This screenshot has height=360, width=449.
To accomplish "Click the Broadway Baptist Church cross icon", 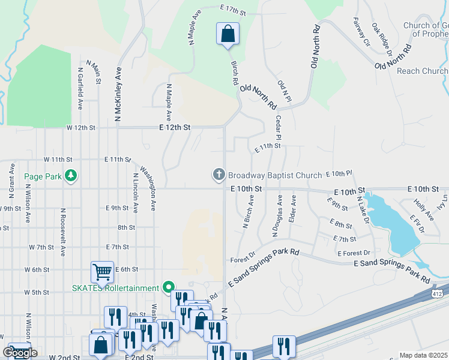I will [218, 175].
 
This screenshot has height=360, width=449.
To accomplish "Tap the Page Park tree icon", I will [71, 176].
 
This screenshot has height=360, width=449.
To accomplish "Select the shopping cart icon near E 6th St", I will [102, 272].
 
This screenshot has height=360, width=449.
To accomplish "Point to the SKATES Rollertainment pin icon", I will [169, 287].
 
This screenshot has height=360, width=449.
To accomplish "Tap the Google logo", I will [20, 352].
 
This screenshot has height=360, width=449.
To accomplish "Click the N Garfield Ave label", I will [80, 87].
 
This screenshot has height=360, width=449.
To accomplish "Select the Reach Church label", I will [423, 71].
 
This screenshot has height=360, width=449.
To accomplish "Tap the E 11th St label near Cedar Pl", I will [268, 146].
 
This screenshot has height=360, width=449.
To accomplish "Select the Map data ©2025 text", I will [423, 355].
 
